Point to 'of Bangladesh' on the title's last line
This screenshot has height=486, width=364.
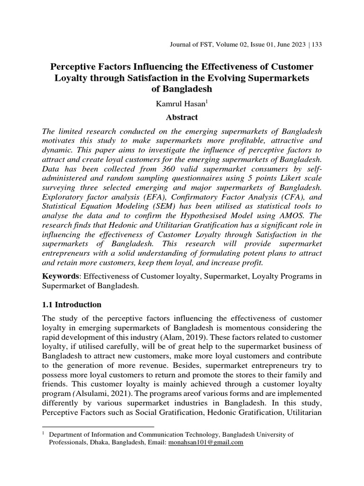pyautogui.click(x=182, y=88)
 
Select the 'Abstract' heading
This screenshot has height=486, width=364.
pyautogui.click(x=182, y=117)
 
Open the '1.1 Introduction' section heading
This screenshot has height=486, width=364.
pyautogui.click(x=72, y=304)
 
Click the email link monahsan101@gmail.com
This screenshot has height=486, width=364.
pyautogui.click(x=206, y=442)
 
